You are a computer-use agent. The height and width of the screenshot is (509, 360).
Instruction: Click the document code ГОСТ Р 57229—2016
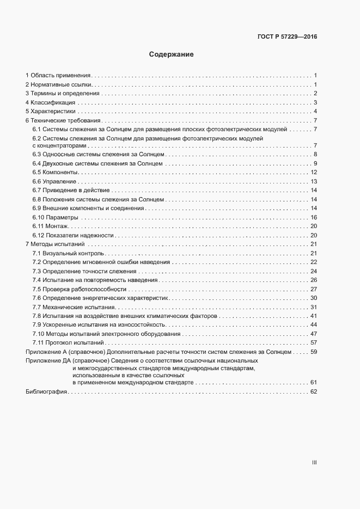coord(287,37)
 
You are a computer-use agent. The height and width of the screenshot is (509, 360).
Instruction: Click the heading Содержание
coord(171,55)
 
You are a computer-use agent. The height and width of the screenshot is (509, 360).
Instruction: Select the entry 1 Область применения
coord(58,75)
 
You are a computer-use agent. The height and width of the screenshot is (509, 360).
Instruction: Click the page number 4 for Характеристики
coord(315,112)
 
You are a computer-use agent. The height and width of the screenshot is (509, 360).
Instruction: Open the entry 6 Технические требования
coord(63,120)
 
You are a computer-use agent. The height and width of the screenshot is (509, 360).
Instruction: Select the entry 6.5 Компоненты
coord(56,173)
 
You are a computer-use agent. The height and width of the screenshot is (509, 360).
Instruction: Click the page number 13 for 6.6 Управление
coord(314,181)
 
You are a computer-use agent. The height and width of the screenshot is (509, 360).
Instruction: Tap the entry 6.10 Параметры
coord(56,217)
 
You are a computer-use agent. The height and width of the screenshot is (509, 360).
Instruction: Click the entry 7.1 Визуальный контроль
coord(68,254)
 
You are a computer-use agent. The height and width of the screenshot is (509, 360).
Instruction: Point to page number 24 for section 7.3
coord(314,271)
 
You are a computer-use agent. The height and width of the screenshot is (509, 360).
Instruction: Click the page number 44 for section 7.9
coord(314,325)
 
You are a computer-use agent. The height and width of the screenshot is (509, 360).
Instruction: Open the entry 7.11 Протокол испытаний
coord(68,343)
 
